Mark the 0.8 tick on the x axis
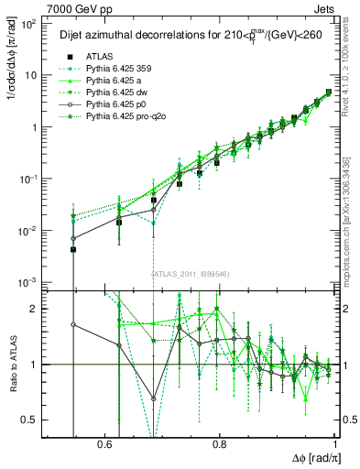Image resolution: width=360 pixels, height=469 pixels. [221, 443]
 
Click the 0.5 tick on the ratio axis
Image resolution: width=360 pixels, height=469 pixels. [34, 420]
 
